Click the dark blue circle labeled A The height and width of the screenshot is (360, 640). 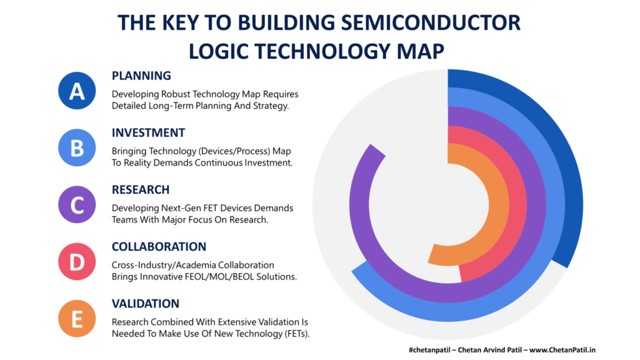77,91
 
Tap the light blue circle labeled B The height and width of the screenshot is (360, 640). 77,147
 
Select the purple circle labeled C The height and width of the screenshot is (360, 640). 77,204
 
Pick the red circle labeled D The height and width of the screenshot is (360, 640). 77,262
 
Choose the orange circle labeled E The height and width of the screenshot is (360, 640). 77,318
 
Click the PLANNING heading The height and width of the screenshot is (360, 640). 141,76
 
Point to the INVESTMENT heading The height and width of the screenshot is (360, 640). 148,133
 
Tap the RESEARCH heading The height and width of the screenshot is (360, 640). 141,190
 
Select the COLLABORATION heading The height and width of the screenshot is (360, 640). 159,247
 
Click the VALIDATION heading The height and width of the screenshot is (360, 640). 145,304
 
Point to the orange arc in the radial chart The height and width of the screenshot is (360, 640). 498,204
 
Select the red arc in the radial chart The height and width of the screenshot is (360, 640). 517,204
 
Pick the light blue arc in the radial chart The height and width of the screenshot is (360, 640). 449,312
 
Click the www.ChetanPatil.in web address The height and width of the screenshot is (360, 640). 562,350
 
